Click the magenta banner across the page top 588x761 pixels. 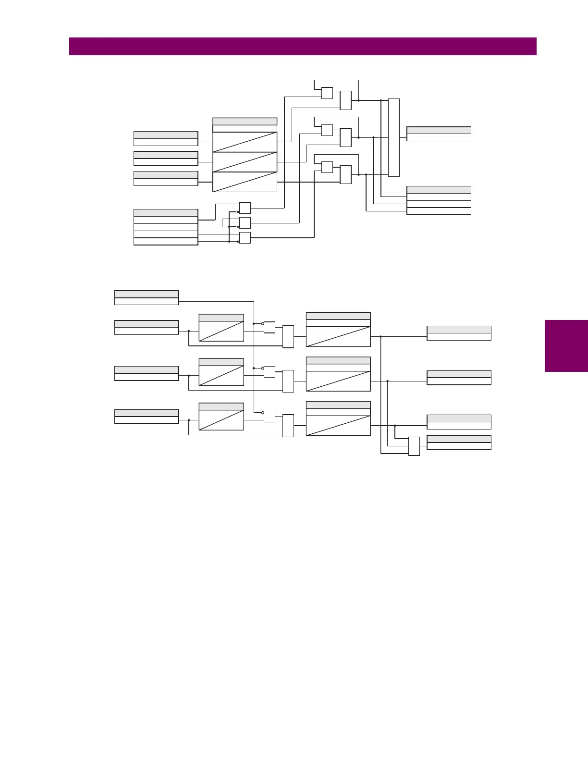303,47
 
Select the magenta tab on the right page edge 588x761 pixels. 566,346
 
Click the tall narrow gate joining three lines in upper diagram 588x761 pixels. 393,137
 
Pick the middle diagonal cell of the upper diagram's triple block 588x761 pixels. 245,162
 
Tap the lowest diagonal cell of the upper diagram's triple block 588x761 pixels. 245,182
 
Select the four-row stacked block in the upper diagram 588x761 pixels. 166,227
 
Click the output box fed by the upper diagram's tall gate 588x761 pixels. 439,134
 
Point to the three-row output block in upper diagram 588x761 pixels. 439,200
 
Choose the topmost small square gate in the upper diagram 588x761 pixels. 327,93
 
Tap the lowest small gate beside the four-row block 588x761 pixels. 245,238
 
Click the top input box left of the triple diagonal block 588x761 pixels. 166,138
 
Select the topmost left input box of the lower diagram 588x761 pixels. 147,298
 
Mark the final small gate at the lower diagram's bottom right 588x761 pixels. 414,446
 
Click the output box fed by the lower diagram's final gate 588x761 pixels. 459,442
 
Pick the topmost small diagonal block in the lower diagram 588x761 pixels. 221,328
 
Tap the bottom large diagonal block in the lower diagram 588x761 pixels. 338,419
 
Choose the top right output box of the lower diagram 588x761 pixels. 459,333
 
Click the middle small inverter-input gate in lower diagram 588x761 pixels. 269,372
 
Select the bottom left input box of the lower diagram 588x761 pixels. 147,417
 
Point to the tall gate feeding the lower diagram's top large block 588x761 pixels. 288,337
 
